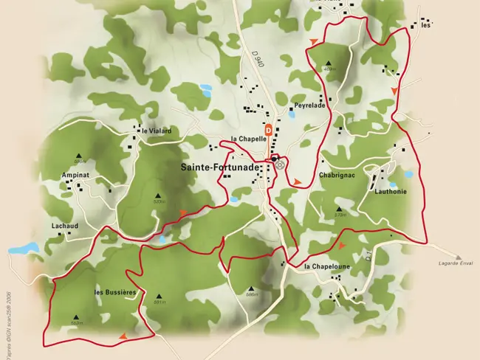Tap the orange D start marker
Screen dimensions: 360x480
[269, 129]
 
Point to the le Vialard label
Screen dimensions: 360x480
[157, 131]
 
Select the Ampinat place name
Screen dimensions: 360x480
[75, 176]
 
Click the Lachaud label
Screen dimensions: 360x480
[65, 226]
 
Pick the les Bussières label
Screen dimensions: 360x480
[116, 293]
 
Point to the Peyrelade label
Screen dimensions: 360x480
[310, 105]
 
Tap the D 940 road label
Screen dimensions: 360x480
[257, 58]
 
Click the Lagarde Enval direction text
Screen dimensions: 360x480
[455, 263]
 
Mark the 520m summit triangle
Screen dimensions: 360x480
[158, 195]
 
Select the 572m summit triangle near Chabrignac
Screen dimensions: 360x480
[340, 209]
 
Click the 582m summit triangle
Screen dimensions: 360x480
[75, 318]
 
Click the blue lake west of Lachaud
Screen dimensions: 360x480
[22, 248]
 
